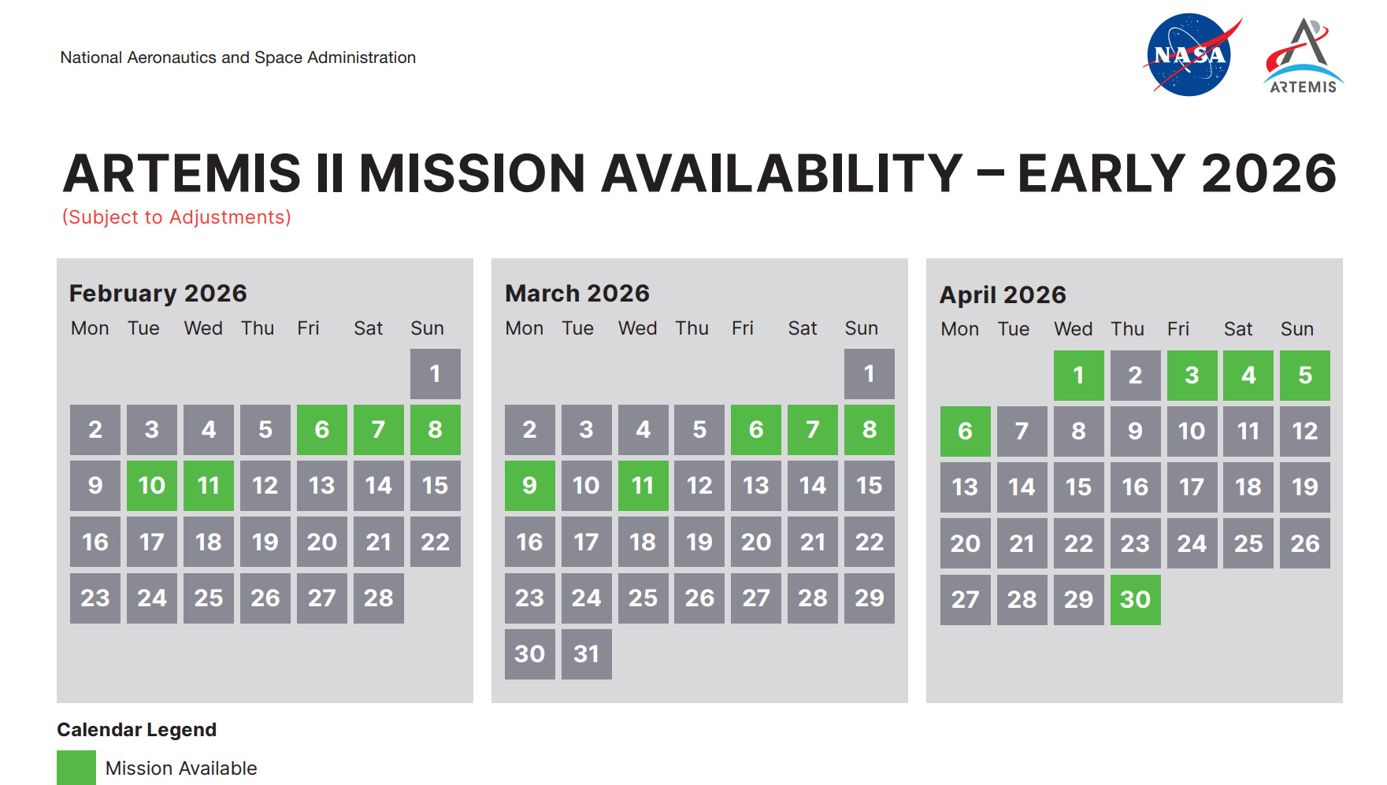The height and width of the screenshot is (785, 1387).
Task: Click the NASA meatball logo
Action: (x=1190, y=54)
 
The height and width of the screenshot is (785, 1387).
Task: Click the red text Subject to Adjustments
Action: (x=176, y=217)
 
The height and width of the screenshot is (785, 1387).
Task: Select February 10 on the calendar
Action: (x=152, y=486)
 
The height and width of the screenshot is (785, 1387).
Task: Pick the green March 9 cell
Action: (x=530, y=486)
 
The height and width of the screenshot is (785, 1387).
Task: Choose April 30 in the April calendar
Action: (x=1136, y=600)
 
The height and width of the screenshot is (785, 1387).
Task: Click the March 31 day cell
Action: (x=587, y=654)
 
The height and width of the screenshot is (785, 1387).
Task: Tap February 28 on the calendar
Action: (x=379, y=598)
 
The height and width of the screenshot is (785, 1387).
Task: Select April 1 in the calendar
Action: (x=1079, y=376)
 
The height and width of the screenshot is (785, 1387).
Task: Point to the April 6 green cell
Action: (x=966, y=431)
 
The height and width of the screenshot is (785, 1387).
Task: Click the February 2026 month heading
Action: (x=158, y=293)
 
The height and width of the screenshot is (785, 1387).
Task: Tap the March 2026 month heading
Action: (x=577, y=293)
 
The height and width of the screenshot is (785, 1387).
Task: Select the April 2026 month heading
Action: (x=1003, y=295)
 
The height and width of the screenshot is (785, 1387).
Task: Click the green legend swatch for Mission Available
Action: (x=76, y=768)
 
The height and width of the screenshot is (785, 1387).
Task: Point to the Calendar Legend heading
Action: (x=137, y=730)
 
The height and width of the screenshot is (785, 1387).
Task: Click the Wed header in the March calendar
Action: (x=637, y=328)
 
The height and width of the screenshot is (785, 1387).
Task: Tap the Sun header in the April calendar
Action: (x=1297, y=329)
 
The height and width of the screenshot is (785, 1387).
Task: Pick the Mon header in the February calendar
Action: (x=90, y=328)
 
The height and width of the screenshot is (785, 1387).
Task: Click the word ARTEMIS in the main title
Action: (x=182, y=173)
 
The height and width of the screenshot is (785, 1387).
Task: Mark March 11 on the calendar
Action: (x=643, y=486)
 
